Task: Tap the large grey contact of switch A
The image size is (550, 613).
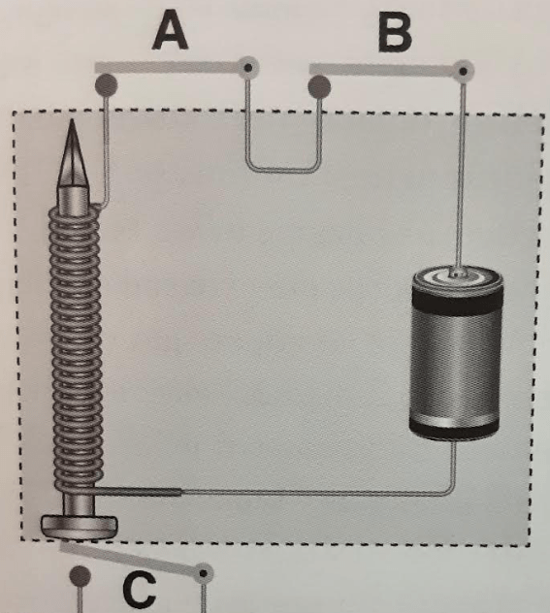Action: coord(106,84)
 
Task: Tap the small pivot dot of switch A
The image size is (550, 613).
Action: coord(248,68)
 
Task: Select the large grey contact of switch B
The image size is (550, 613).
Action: coord(319,86)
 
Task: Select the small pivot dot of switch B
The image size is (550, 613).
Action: coord(464,71)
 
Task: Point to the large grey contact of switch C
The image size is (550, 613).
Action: coord(81,576)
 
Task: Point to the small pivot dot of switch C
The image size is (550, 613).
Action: coord(204,573)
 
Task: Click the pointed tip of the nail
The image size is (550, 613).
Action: coord(72,120)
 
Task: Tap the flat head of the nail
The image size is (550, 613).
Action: coord(80,527)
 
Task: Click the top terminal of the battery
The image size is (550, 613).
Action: coord(457,273)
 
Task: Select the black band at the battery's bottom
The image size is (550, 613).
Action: coord(454,430)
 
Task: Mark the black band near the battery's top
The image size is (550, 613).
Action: coord(457,302)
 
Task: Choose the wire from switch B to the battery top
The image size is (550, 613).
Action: coord(462,172)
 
